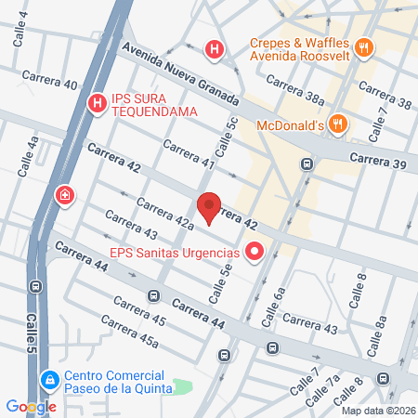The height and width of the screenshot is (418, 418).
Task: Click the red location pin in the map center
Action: click(x=209, y=206)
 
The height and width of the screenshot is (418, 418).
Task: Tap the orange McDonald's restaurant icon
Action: click(x=339, y=122)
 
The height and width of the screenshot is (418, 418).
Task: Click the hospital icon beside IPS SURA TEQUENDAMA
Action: click(x=95, y=103)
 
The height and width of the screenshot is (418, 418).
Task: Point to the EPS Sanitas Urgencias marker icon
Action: click(x=255, y=252)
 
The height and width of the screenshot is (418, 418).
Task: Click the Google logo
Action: click(x=31, y=406)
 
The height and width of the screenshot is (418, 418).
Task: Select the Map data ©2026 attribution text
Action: click(x=377, y=410)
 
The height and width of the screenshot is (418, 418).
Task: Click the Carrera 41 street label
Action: click(x=189, y=155)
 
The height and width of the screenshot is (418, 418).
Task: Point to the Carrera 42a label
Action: click(x=163, y=213)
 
